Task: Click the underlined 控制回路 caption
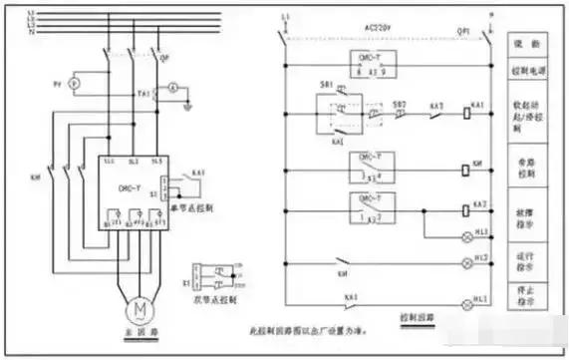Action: pyautogui.click(x=417, y=318)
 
